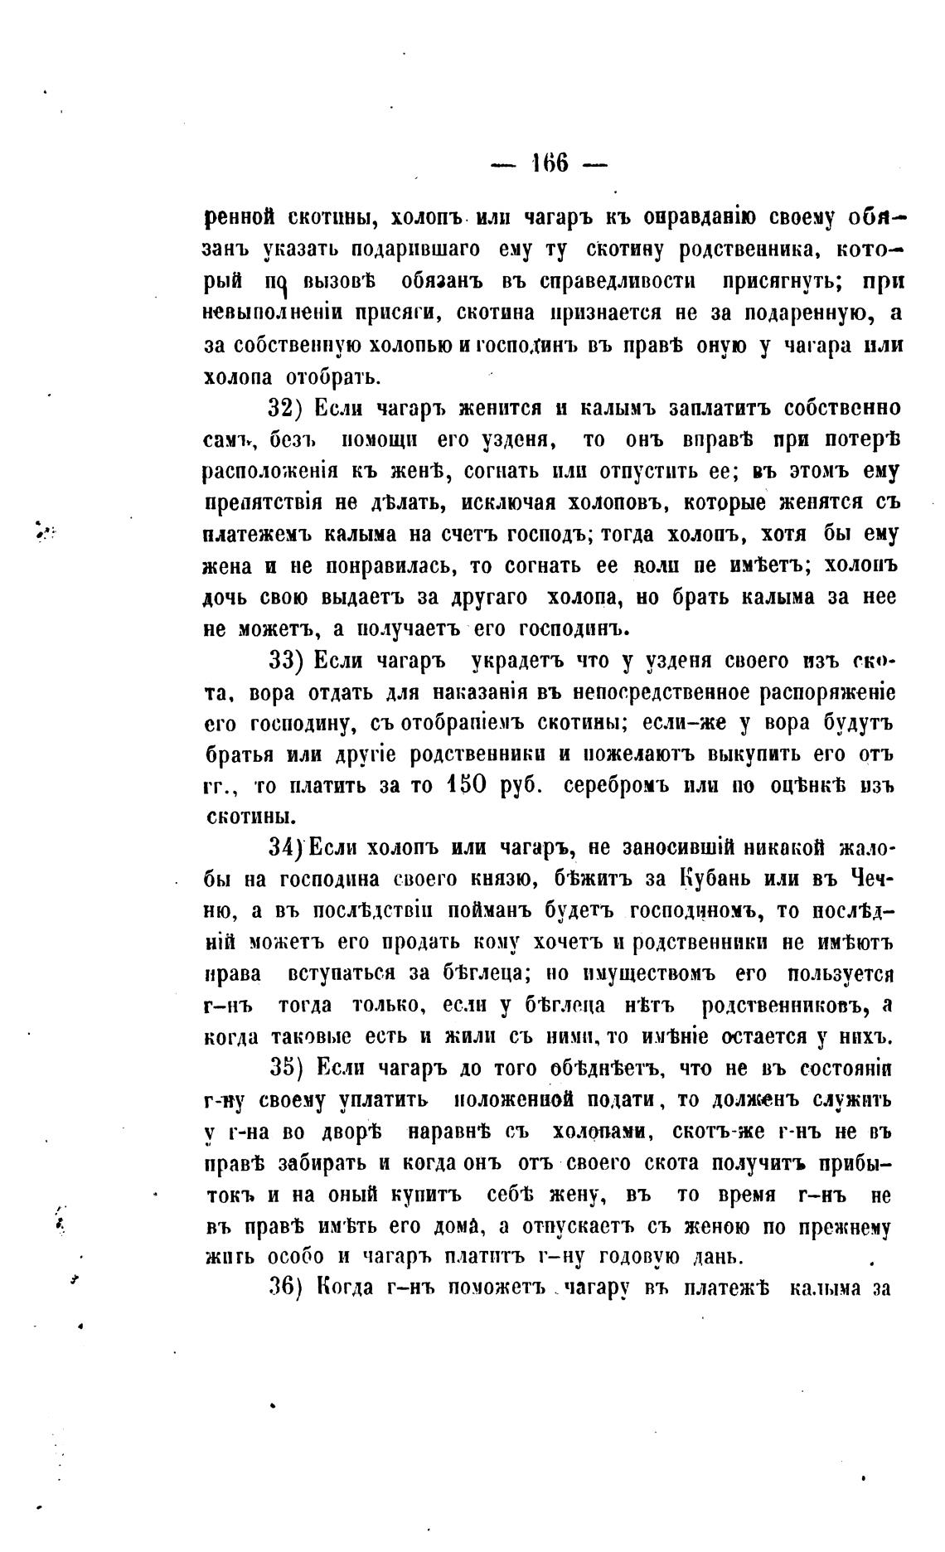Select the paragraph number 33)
(x=289, y=662)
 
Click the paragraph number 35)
(x=289, y=1068)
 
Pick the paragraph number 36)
(x=289, y=1287)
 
